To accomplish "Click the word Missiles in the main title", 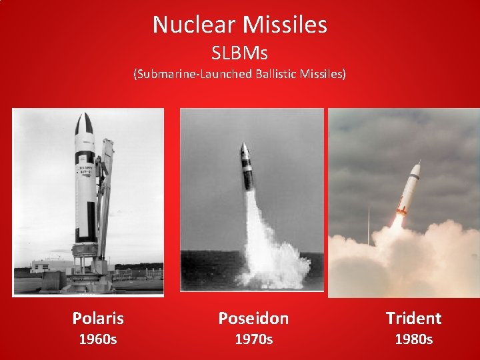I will tap(285, 25).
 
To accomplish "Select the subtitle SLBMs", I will tap(239, 52).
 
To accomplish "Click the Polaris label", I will tap(98, 318).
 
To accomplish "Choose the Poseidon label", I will tap(253, 319).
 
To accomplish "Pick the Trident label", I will tap(413, 319).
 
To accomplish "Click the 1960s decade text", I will tap(98, 339).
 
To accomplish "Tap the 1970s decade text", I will tap(253, 339).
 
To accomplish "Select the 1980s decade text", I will tap(413, 339).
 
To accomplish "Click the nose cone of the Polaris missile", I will tap(84, 124).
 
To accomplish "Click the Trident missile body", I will tap(409, 187).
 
